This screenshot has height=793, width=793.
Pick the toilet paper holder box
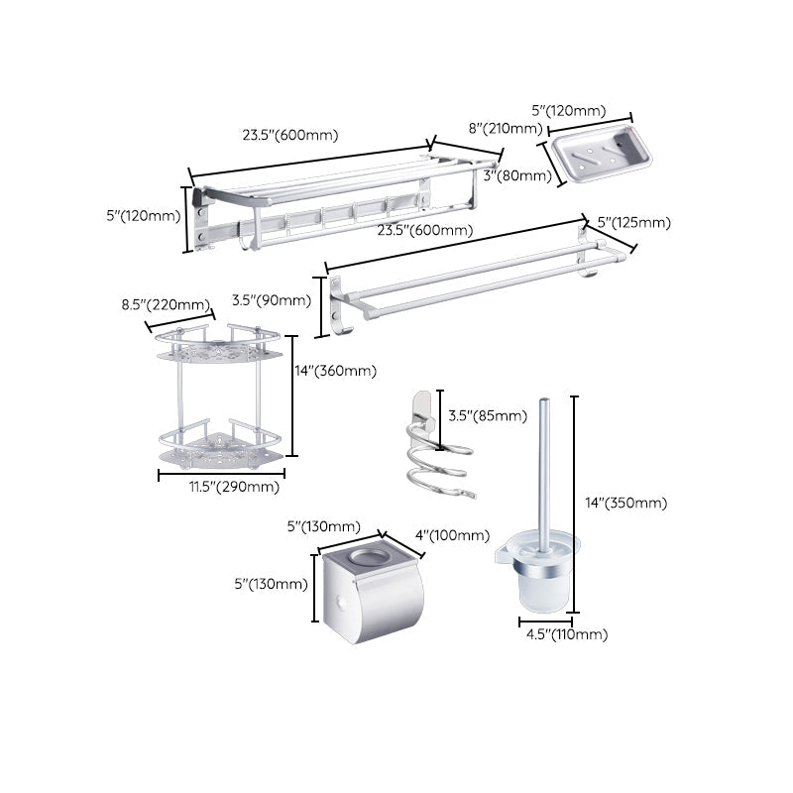point(373,595)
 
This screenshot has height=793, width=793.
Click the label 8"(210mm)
point(506,128)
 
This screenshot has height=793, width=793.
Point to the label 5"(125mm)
point(634,222)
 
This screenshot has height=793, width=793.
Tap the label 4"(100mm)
point(451,535)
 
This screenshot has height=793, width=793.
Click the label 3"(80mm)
point(517,175)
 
